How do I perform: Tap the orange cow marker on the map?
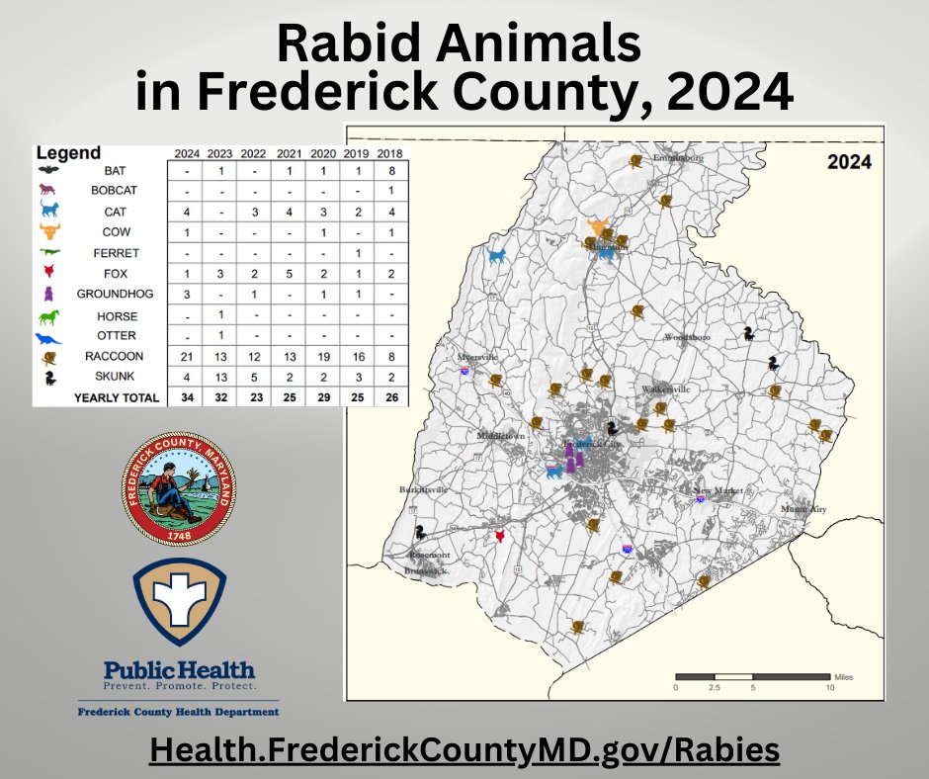click(x=597, y=227)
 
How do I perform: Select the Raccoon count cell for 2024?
click(x=186, y=356)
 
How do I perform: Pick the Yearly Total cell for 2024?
click(x=186, y=397)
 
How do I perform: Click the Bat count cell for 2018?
click(x=392, y=171)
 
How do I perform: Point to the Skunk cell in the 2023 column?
click(x=220, y=377)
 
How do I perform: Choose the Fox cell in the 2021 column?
click(x=289, y=274)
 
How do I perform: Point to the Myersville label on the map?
click(x=478, y=357)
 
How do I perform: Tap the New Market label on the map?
click(x=717, y=491)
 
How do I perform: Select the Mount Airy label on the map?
click(x=801, y=509)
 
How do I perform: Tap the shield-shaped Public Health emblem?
click(x=179, y=601)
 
